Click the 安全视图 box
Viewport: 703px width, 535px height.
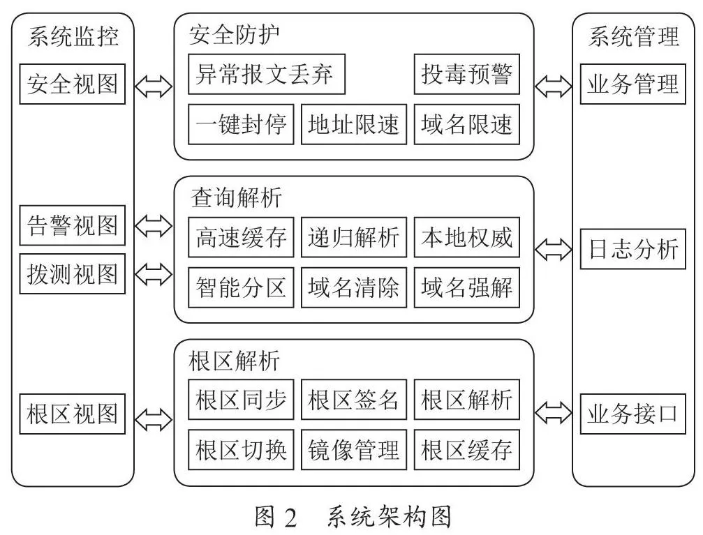pyautogui.click(x=72, y=84)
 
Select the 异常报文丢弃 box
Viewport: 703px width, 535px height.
pyautogui.click(x=266, y=74)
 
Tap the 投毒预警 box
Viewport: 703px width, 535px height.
pyautogui.click(x=467, y=74)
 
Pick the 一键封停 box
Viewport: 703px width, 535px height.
pyautogui.click(x=241, y=124)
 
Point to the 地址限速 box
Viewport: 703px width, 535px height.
pyautogui.click(x=354, y=124)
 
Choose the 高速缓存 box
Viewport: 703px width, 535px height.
pyautogui.click(x=241, y=237)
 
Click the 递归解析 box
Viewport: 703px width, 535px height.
pyautogui.click(x=354, y=237)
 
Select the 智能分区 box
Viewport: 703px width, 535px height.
pyautogui.click(x=241, y=287)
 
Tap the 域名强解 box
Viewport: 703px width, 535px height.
pyautogui.click(x=467, y=287)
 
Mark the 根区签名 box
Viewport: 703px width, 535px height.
pyautogui.click(x=354, y=399)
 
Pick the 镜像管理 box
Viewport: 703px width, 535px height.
pyautogui.click(x=354, y=449)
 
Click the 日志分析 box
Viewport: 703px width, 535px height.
pyautogui.click(x=633, y=249)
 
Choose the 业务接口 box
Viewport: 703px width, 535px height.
pyautogui.click(x=633, y=414)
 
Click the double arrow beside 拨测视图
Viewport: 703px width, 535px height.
pyautogui.click(x=154, y=274)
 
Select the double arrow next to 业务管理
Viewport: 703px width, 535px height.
pyautogui.click(x=553, y=86)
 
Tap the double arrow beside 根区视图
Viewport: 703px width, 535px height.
pyautogui.click(x=154, y=420)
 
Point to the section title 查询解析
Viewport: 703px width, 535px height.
pyautogui.click(x=236, y=197)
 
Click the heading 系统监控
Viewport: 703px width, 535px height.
pyautogui.click(x=73, y=36)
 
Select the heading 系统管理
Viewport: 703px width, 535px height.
pyautogui.click(x=633, y=36)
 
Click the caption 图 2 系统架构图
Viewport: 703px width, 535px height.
pyautogui.click(x=353, y=517)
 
